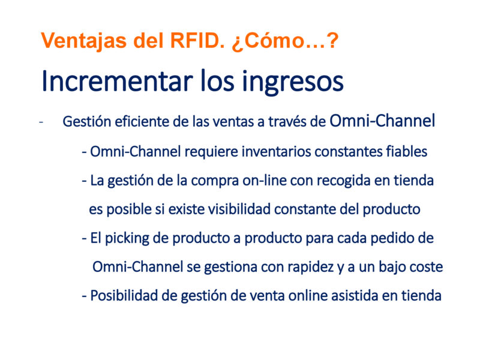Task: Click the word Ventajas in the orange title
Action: point(83,41)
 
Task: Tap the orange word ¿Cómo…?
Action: point(285,41)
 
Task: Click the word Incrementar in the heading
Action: point(117,81)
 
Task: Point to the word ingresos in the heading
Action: point(293,83)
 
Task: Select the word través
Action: point(287,122)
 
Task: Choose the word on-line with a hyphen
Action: point(265,181)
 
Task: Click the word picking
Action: point(127,238)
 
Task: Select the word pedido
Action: point(392,238)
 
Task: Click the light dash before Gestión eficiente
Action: point(41,122)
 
